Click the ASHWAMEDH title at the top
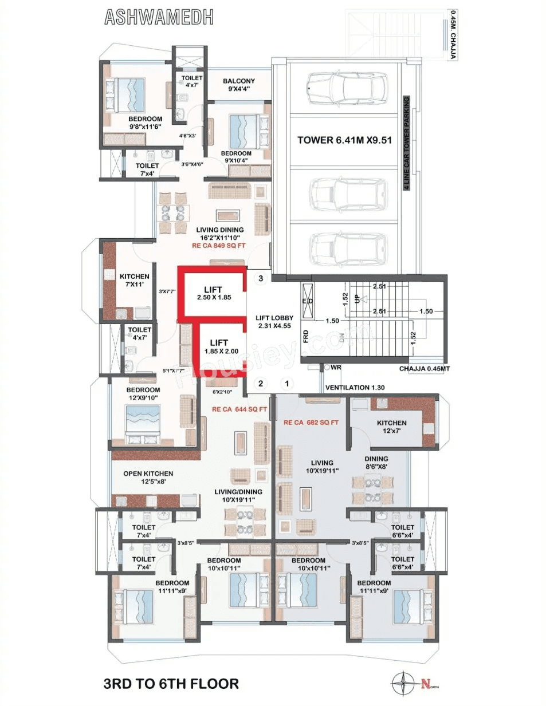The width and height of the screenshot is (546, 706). [159, 18]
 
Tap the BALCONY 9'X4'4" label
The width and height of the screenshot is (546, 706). [239, 85]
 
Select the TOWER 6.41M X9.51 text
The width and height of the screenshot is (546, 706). [344, 140]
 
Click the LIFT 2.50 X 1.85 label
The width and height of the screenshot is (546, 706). [214, 293]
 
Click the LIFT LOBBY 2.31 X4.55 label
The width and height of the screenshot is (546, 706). [274, 322]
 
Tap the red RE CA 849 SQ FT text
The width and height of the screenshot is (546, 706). [218, 246]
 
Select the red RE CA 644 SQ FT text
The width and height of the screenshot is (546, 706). [239, 409]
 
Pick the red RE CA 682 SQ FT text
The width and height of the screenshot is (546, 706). [311, 423]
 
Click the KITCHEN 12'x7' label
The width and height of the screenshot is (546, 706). [392, 427]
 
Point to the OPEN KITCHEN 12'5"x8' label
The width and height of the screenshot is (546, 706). [148, 478]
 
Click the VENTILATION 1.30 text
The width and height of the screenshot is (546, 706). [355, 388]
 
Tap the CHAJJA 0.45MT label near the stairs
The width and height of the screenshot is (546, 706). [425, 369]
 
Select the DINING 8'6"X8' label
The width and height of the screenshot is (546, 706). [376, 463]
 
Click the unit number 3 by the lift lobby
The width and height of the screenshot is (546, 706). [261, 278]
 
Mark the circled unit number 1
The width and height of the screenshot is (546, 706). [287, 384]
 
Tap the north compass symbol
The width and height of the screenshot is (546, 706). [403, 683]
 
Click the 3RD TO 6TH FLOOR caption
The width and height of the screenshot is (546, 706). [171, 684]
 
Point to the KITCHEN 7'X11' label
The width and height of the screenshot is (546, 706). [134, 280]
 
